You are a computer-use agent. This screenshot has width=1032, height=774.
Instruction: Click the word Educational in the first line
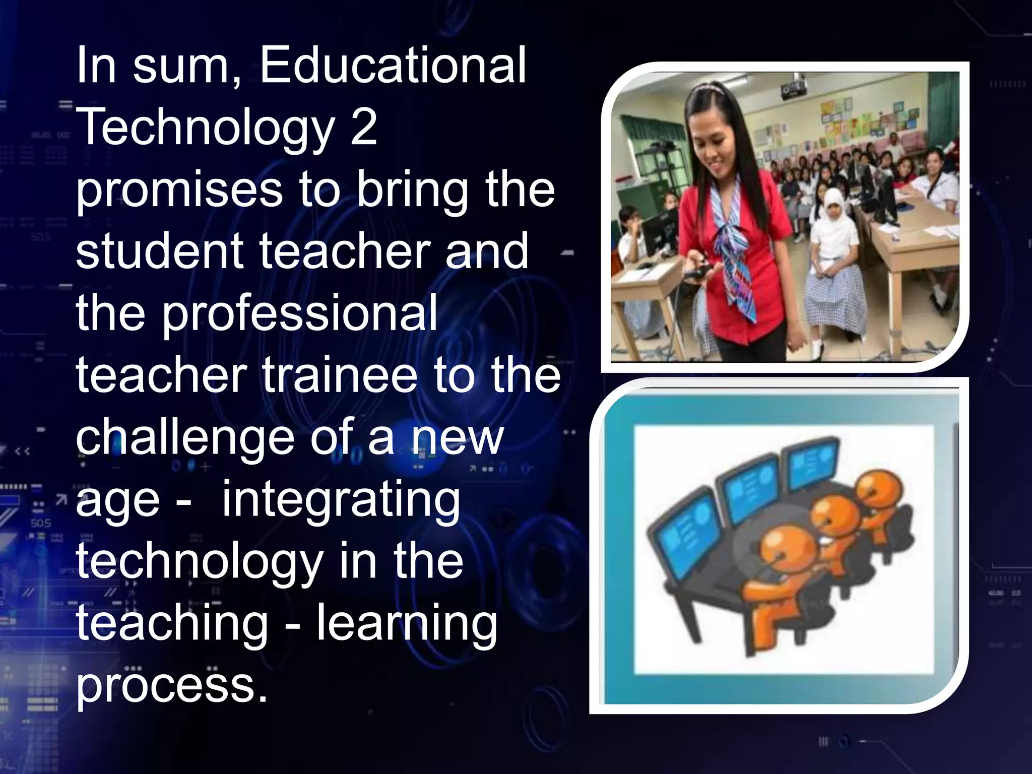click(x=393, y=66)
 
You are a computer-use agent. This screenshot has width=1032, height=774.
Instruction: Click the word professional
click(x=299, y=313)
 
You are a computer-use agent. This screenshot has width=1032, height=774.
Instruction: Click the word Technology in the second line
click(x=207, y=127)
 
